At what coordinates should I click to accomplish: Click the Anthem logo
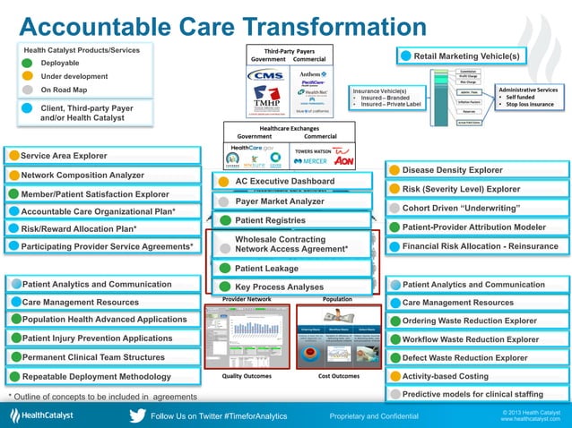click(x=312, y=73)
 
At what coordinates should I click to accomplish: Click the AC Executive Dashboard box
click(x=289, y=182)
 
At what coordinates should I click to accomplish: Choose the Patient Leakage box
click(x=289, y=267)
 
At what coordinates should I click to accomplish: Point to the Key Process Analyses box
click(x=289, y=287)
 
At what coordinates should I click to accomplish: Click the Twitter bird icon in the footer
click(x=137, y=415)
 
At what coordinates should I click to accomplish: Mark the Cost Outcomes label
click(x=338, y=376)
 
